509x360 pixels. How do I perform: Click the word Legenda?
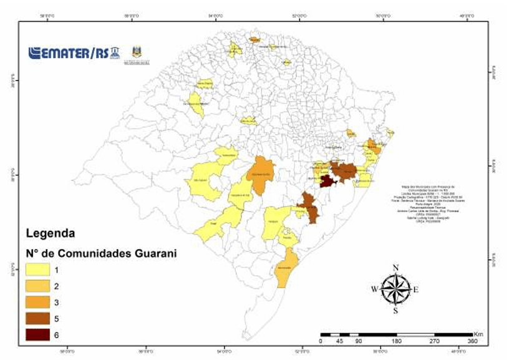[51, 234]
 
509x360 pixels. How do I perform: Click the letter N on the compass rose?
[395, 268]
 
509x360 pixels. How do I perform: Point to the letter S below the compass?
[395, 310]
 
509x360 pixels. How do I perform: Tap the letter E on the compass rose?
[415, 289]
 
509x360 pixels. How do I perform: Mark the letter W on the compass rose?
[374, 289]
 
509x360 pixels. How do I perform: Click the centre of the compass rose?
[395, 289]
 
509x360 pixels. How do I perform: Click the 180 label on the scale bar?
[396, 342]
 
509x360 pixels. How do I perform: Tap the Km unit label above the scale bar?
[478, 334]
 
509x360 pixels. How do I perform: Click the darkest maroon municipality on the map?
[327, 181]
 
